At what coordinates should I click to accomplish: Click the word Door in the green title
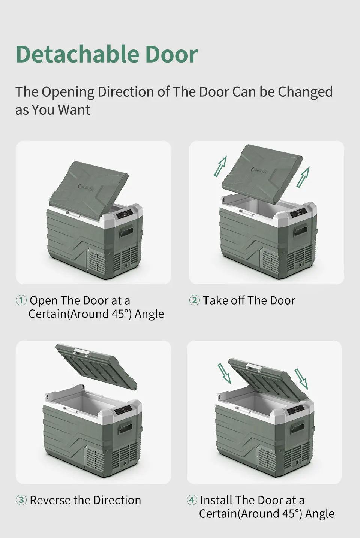pyautogui.click(x=171, y=54)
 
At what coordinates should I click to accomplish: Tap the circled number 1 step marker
pyautogui.click(x=21, y=300)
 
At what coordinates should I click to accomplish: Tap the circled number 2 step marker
pyautogui.click(x=194, y=300)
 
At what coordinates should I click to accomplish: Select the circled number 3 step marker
pyautogui.click(x=21, y=500)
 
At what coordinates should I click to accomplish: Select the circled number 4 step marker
pyautogui.click(x=192, y=500)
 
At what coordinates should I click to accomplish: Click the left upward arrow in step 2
pyautogui.click(x=220, y=166)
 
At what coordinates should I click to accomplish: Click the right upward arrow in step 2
pyautogui.click(x=303, y=177)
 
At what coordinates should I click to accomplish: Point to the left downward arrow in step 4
pyautogui.click(x=225, y=374)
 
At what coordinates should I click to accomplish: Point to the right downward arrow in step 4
pyautogui.click(x=301, y=379)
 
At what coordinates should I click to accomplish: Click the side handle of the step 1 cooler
pyautogui.click(x=126, y=232)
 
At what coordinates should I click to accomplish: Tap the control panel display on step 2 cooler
pyautogui.click(x=298, y=214)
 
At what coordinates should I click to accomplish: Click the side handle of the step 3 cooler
pyautogui.click(x=125, y=427)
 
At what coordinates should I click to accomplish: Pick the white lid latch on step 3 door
pyautogui.click(x=81, y=352)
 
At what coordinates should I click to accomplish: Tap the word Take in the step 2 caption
pyautogui.click(x=215, y=300)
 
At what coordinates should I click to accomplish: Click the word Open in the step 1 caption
pyautogui.click(x=43, y=300)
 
